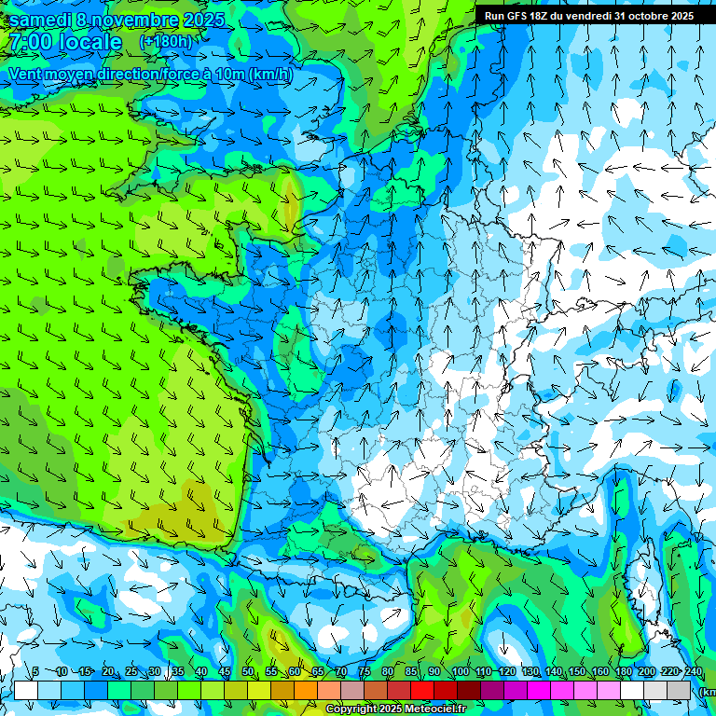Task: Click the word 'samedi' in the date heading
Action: tap(40, 19)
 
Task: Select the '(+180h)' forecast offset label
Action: tap(166, 42)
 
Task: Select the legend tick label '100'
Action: tap(460, 672)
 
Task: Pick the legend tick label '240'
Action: tap(693, 672)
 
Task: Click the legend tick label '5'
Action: tap(35, 672)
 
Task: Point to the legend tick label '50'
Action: tap(248, 672)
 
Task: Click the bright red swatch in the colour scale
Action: tap(422, 690)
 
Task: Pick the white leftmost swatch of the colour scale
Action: tap(25, 690)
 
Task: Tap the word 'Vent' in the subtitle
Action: tap(25, 75)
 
